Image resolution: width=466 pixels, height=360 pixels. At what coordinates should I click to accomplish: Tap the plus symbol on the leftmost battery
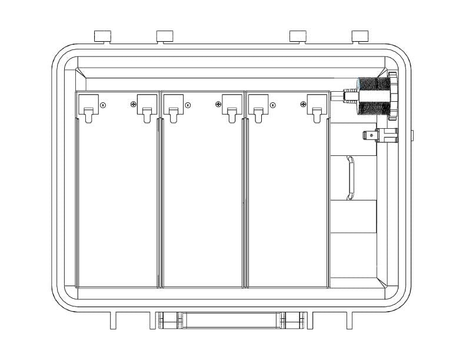134,105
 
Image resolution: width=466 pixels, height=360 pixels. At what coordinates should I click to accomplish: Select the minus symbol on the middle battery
187,106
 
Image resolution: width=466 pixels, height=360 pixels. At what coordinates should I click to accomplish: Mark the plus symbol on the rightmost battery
303,105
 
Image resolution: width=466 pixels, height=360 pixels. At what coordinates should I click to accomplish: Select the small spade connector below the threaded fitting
380,136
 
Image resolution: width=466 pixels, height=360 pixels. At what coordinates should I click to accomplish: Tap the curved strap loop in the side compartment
350,177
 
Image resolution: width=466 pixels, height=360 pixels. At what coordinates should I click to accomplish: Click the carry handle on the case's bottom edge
231,321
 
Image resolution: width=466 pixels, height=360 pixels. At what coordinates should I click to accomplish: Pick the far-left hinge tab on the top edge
103,36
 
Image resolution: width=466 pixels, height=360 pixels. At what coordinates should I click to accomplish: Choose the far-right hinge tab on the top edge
360,36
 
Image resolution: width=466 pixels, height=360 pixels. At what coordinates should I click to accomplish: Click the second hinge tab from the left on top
165,36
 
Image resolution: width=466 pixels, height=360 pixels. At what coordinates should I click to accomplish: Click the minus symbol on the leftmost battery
103,106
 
